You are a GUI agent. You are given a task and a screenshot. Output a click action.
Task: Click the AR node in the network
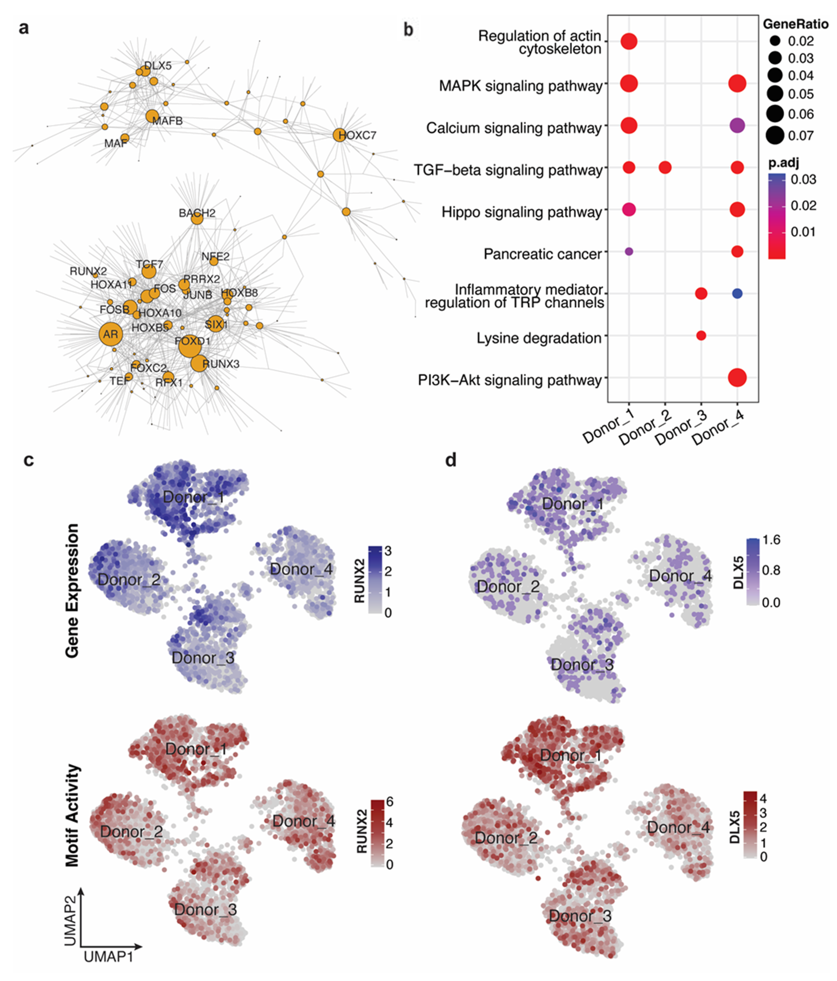(110, 334)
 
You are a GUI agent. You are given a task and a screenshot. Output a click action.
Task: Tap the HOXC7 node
(339, 135)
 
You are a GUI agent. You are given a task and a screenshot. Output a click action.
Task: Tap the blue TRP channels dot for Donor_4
(737, 294)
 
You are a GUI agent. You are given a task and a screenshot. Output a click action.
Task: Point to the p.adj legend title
(783, 163)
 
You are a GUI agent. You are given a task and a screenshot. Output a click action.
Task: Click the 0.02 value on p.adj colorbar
(803, 206)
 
